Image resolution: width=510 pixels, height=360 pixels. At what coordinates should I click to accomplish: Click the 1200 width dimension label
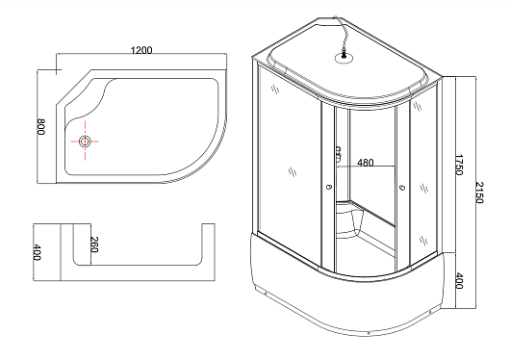[141, 50]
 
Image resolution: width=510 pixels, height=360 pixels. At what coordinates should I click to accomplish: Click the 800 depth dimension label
[41, 127]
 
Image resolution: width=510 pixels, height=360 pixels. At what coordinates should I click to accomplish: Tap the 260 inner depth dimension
[93, 244]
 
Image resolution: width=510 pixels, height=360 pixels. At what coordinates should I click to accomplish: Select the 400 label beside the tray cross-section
[38, 252]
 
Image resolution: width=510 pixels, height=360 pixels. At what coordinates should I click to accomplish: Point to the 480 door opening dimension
[366, 163]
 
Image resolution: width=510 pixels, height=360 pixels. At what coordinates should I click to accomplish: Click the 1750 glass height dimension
[458, 165]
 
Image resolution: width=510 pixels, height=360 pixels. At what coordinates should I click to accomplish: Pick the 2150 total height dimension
[479, 193]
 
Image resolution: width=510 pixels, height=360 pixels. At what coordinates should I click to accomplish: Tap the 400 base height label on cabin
[458, 280]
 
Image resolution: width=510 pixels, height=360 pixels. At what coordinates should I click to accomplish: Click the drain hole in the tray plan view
[85, 141]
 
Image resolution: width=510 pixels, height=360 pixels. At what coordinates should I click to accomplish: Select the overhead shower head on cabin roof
[344, 59]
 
